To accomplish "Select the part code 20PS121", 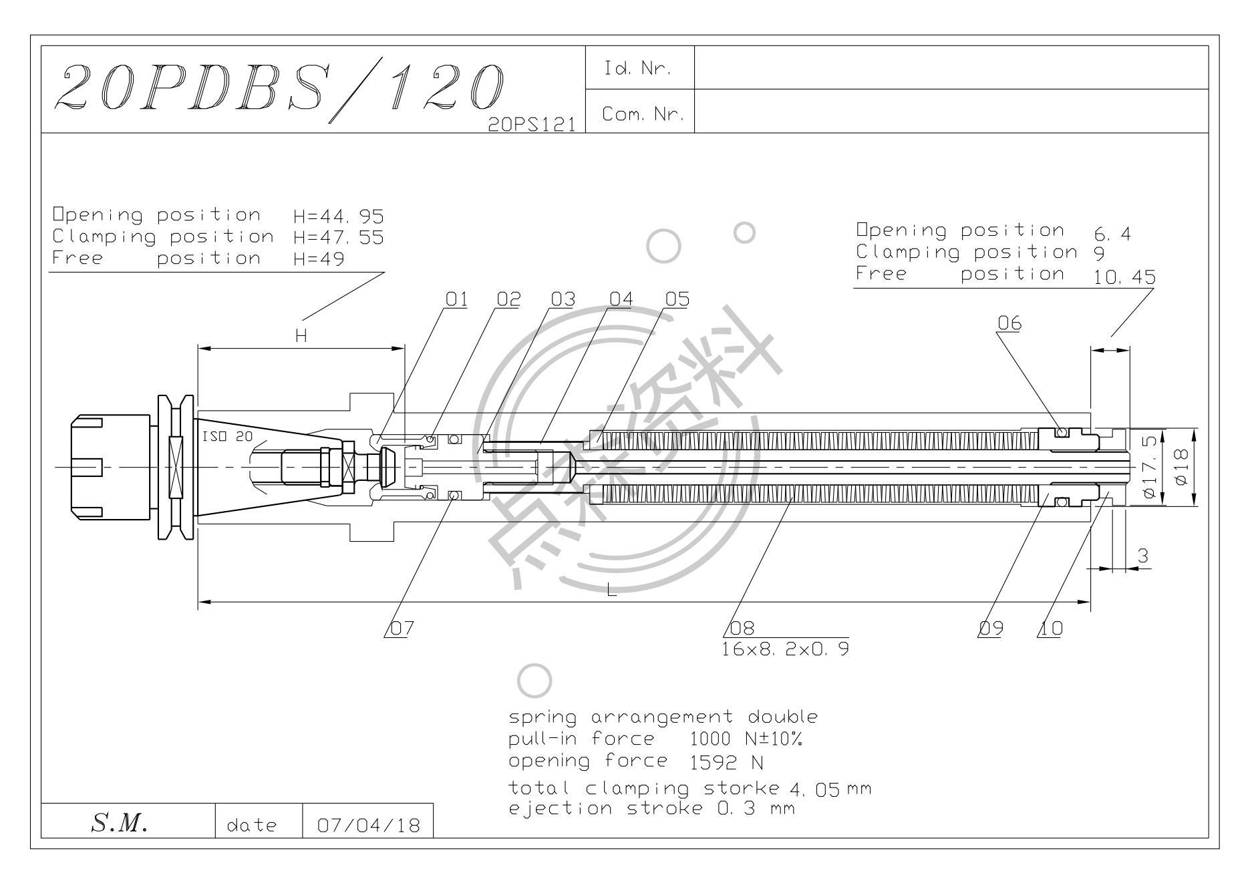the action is [x=532, y=125].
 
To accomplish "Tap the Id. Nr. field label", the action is [x=637, y=68].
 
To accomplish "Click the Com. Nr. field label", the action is [x=643, y=114].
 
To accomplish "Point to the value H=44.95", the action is [x=339, y=216].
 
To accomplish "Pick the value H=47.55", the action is [x=339, y=238].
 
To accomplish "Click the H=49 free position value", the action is [x=319, y=259].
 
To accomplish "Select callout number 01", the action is [x=456, y=299].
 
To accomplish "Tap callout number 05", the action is [x=677, y=299].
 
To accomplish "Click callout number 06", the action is [x=1009, y=323].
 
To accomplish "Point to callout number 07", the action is [x=402, y=629].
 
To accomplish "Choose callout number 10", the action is [x=1051, y=629].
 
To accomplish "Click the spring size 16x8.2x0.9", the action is [x=786, y=649].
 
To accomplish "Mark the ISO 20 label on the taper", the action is [x=227, y=436].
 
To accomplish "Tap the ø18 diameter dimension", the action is [x=1181, y=467].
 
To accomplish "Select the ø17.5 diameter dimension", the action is [x=1149, y=467].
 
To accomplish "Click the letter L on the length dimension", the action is [x=611, y=590].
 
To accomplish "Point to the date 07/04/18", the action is [x=369, y=826].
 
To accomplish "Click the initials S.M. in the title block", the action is [x=118, y=824].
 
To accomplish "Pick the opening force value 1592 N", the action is [x=727, y=762].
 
